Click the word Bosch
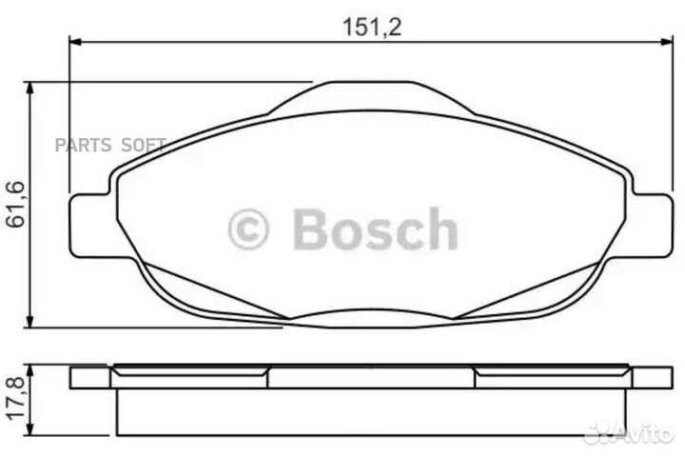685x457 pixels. coord(374,230)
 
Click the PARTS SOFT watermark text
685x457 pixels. coord(110,144)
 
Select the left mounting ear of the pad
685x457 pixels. coord(92,225)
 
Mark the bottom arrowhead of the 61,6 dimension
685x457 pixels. coord(33,323)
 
